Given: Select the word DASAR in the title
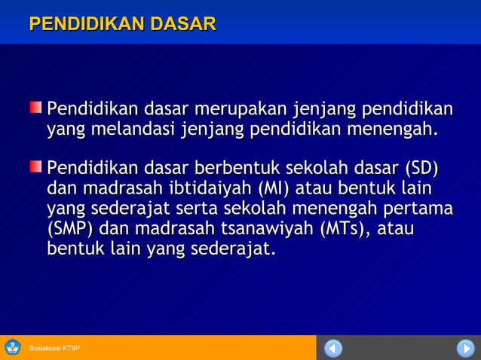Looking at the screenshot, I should click(x=183, y=24).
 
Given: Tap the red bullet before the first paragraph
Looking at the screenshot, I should click(x=36, y=108).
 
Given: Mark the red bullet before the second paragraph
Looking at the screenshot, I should click(x=36, y=165).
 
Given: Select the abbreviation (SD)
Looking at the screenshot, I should click(x=422, y=166).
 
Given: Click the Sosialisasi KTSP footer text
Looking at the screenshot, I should click(x=54, y=348).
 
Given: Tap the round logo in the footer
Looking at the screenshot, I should click(x=13, y=347).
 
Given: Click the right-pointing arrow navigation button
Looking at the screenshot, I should click(x=465, y=348).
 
